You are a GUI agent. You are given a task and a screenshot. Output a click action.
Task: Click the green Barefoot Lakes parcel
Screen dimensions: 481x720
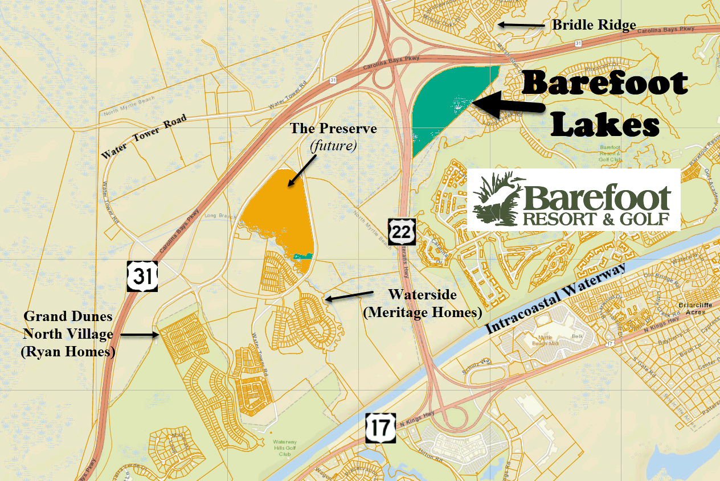click(x=444, y=105)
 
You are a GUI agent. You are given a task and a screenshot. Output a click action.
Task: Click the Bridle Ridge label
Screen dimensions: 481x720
click(x=594, y=25)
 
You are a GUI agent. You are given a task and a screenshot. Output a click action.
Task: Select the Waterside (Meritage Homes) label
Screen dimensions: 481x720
click(x=422, y=303)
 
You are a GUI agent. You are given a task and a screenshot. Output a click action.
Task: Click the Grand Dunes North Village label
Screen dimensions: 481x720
click(x=68, y=334)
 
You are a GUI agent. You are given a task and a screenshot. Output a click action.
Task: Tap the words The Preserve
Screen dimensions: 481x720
click(x=333, y=129)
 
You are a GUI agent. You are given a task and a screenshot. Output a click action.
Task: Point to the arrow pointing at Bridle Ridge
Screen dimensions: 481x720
click(x=519, y=24)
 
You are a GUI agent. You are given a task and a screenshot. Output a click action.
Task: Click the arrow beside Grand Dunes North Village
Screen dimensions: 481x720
click(x=138, y=335)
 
